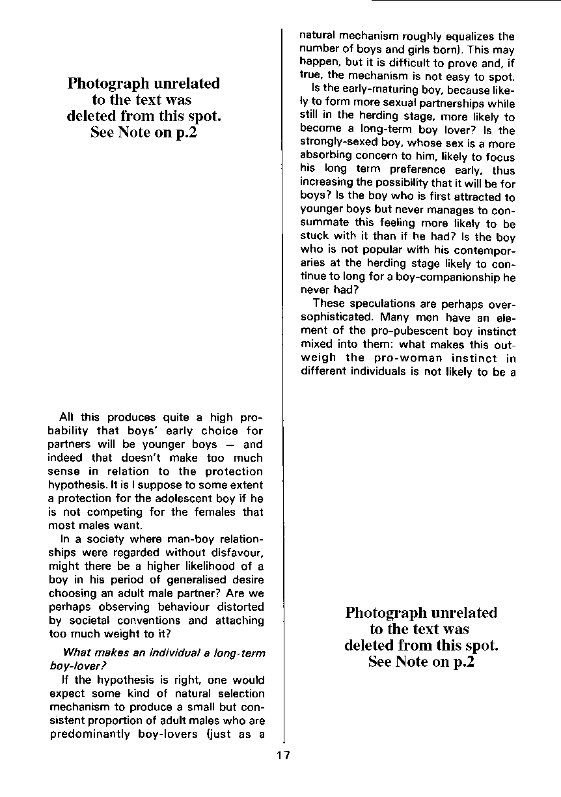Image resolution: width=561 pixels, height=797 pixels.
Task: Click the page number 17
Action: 283,755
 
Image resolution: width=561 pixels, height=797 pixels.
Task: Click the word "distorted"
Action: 235,608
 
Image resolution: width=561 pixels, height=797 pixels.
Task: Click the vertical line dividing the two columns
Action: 283,391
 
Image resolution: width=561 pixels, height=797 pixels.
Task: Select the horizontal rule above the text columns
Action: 466,1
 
